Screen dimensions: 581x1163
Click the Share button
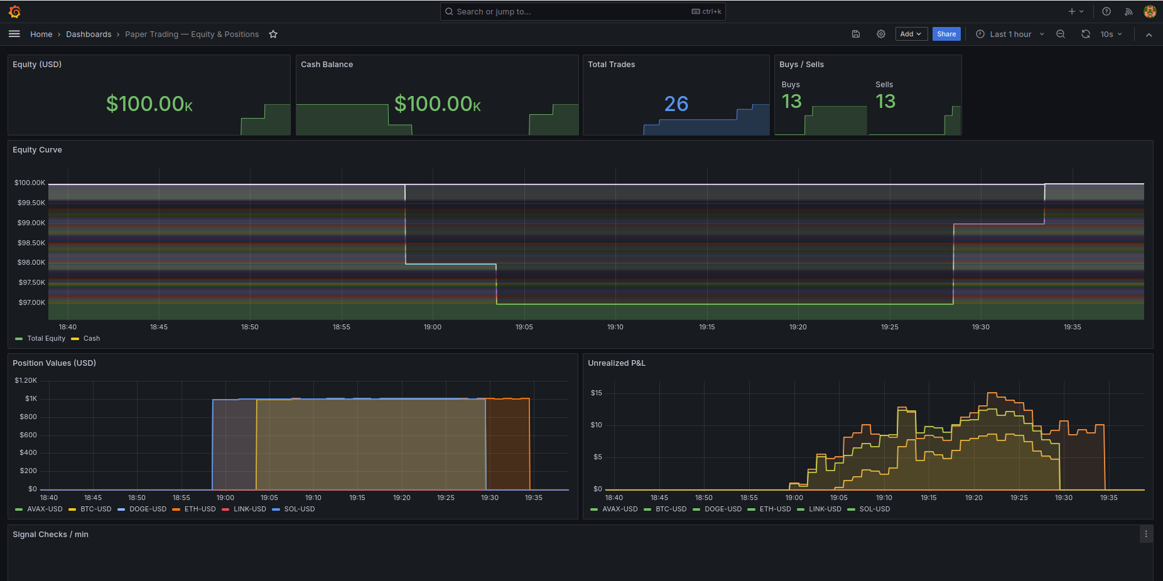tap(946, 35)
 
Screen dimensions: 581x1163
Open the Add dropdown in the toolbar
tap(910, 35)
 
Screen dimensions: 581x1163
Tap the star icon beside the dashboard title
tap(273, 35)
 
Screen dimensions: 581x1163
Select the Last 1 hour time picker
tap(1010, 35)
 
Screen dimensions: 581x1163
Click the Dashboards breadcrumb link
tap(89, 35)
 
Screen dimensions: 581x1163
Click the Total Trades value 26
tap(676, 104)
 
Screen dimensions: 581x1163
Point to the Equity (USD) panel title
tap(37, 65)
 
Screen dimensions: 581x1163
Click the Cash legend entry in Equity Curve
tap(92, 339)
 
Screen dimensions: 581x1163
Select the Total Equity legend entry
tap(46, 339)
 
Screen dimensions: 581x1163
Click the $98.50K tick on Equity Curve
tap(31, 243)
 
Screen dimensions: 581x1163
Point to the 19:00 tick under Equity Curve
tap(432, 327)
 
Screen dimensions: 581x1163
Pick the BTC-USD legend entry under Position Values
tap(95, 509)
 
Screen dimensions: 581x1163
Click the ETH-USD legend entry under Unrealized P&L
tap(775, 509)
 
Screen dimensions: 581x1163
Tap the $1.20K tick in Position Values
tap(26, 381)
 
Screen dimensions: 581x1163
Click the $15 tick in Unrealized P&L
tap(596, 393)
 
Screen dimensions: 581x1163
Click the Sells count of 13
tap(885, 102)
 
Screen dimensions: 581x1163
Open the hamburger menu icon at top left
tap(14, 35)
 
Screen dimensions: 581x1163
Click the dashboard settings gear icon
tap(881, 35)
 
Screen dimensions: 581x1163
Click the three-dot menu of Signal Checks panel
tap(1146, 535)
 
